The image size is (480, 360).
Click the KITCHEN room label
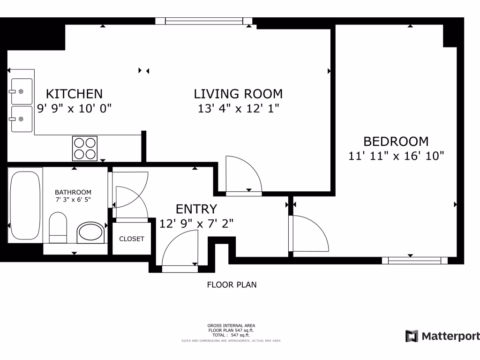pyautogui.click(x=74, y=93)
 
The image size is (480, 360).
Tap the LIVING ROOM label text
pyautogui.click(x=238, y=94)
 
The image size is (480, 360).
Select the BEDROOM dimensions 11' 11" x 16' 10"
pyautogui.click(x=396, y=156)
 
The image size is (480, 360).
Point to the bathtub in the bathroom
pyautogui.click(x=25, y=205)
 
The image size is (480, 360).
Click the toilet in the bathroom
pyautogui.click(x=58, y=227)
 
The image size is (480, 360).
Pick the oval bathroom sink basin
pyautogui.click(x=90, y=232)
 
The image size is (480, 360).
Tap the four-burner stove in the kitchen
pyautogui.click(x=85, y=148)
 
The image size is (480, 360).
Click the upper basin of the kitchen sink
pyautogui.click(x=22, y=91)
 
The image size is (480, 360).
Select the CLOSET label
pyautogui.click(x=132, y=239)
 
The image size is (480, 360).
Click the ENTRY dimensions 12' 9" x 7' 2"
pyautogui.click(x=196, y=224)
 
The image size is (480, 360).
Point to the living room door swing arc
pyautogui.click(x=244, y=173)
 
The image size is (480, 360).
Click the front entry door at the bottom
pyautogui.click(x=180, y=269)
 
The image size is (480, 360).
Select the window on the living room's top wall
pyautogui.click(x=204, y=21)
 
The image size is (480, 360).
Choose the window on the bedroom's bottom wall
pyautogui.click(x=412, y=261)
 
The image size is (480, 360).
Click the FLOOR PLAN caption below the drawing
pyautogui.click(x=232, y=285)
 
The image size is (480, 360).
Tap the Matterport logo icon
pyautogui.click(x=412, y=336)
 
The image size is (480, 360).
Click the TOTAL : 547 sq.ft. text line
pyautogui.click(x=232, y=335)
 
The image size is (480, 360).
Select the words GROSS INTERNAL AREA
pyautogui.click(x=232, y=325)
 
